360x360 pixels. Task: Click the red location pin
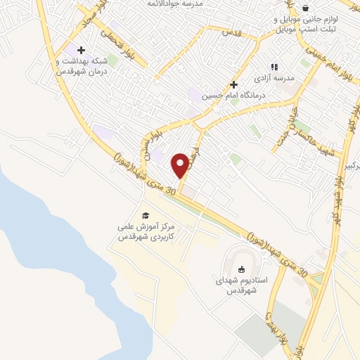[x=181, y=164]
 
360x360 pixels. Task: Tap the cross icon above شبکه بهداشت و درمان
[x=82, y=50]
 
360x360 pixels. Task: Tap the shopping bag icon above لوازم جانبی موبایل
[x=305, y=8]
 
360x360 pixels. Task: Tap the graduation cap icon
[x=146, y=215]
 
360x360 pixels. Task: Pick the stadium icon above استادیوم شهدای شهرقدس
[x=240, y=269]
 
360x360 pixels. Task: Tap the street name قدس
[x=232, y=33]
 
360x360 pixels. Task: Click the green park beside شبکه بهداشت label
[x=112, y=60]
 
